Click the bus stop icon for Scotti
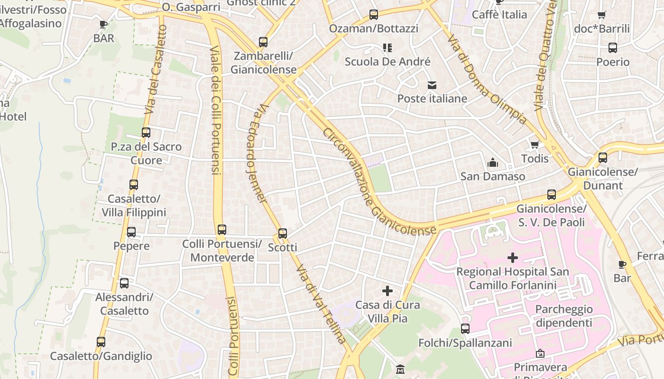[283, 233]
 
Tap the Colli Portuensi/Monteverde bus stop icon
[221, 230]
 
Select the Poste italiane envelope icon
[432, 85]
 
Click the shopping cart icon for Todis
[535, 144]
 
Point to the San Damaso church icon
[493, 163]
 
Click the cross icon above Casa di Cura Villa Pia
[387, 291]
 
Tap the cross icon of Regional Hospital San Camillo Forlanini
[512, 258]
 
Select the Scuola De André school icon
[387, 48]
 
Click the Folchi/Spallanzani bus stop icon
[465, 329]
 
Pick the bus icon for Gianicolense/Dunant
[602, 158]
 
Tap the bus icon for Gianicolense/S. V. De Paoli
[551, 195]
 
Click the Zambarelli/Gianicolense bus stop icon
[263, 42]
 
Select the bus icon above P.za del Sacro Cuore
[146, 133]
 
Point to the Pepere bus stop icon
[131, 232]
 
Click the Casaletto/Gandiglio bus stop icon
[101, 342]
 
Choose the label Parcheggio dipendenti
[564, 316]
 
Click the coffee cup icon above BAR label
[103, 25]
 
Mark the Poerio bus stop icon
[613, 48]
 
